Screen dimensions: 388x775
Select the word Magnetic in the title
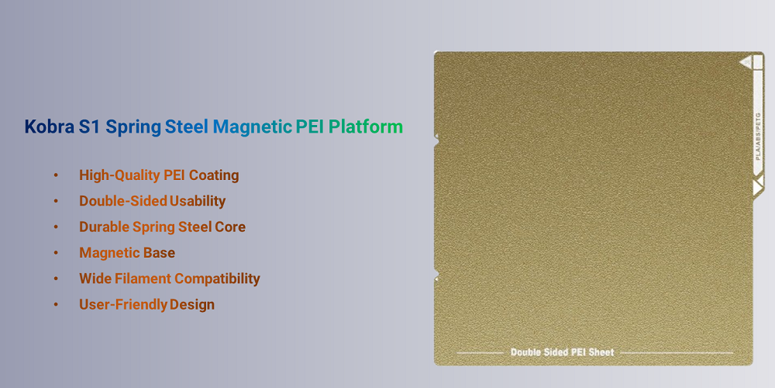[252, 126]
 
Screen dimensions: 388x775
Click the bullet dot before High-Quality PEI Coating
[56, 175]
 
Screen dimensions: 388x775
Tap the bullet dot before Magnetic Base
[56, 253]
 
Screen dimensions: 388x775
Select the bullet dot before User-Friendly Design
[56, 304]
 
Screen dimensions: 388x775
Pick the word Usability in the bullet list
[198, 201]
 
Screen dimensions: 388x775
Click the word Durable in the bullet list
[104, 227]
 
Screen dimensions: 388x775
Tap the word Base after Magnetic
[159, 253]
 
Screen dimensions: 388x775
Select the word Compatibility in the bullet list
[217, 279]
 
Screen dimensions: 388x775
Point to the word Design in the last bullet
[192, 304]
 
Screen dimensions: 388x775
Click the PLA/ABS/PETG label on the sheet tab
[758, 137]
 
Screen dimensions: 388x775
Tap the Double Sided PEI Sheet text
[562, 352]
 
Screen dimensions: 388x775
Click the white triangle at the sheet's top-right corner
[746, 61]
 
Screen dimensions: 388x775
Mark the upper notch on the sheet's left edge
[436, 141]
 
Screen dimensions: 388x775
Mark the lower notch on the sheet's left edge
[436, 275]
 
